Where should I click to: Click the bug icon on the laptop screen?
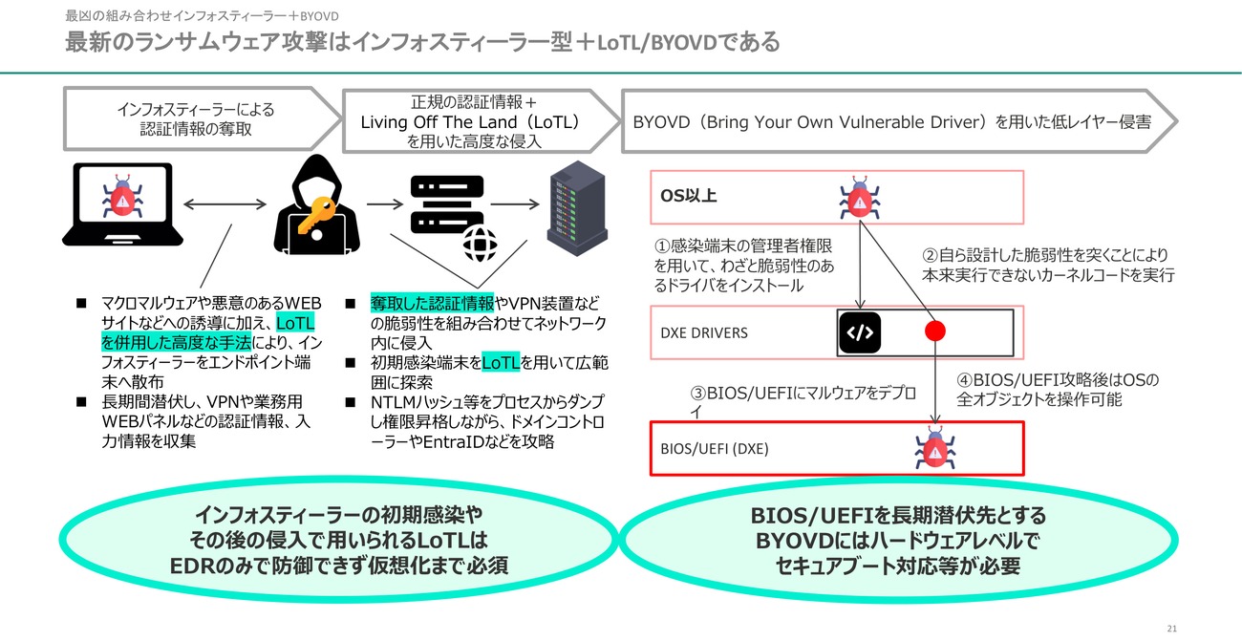coord(122,196)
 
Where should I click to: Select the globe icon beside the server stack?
coord(480,244)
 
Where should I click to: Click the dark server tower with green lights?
coord(577,208)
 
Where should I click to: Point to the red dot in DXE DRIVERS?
coord(934,331)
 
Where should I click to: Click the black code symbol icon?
coord(860,332)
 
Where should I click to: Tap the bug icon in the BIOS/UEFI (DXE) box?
coord(934,448)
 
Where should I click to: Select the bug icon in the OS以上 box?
coord(860,198)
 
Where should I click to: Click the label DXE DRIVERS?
coord(703,332)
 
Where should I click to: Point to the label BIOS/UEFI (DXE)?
coord(715,449)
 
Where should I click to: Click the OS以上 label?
coord(688,196)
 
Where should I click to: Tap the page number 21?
coord(1171,629)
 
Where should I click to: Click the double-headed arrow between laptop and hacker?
coord(225,204)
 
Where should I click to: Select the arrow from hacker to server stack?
coord(385,204)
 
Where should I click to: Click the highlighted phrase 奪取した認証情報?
coord(432,304)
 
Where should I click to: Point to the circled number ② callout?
coord(930,255)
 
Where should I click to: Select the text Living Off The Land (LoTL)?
coord(470,122)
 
